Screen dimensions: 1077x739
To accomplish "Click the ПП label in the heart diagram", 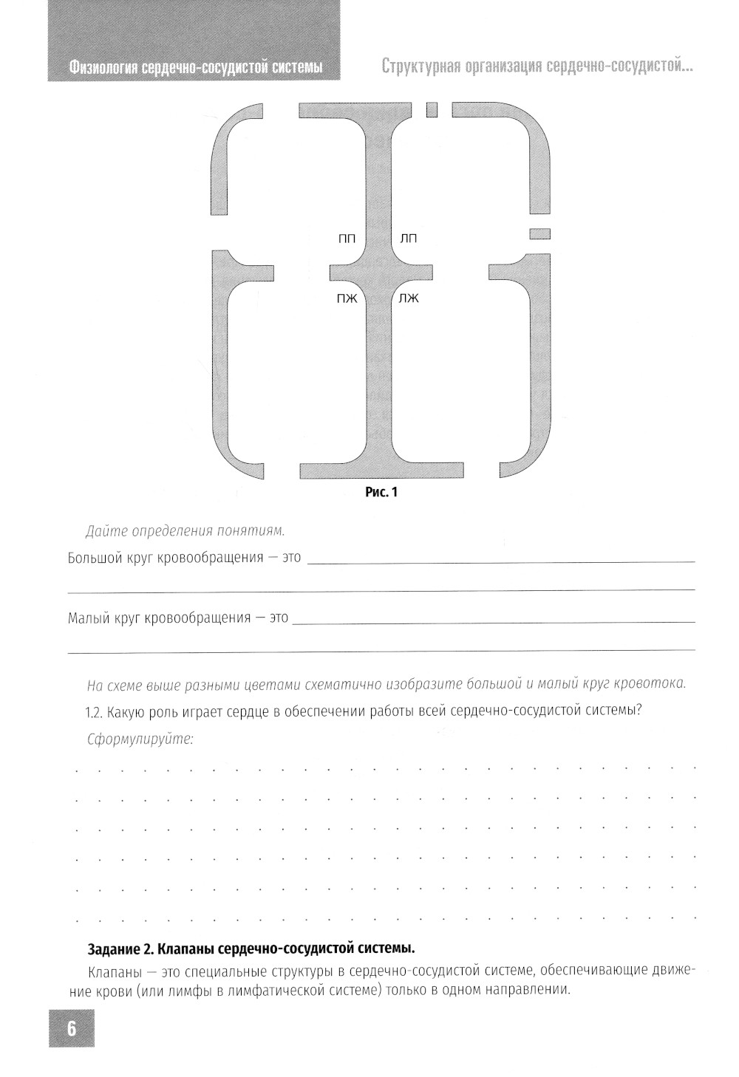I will (x=347, y=238).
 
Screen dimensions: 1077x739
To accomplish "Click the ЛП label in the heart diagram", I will (x=408, y=238).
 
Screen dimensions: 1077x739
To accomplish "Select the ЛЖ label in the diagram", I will (x=408, y=298).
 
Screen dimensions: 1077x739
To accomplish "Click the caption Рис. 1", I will (x=381, y=492).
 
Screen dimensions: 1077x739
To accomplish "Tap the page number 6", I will (x=72, y=1028).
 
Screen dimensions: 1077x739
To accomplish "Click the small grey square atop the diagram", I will (x=432, y=110).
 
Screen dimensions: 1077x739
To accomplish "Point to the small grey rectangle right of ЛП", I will (x=540, y=234).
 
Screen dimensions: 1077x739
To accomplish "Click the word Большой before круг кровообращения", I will (x=95, y=558).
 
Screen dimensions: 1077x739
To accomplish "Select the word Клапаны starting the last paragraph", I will (x=112, y=970).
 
